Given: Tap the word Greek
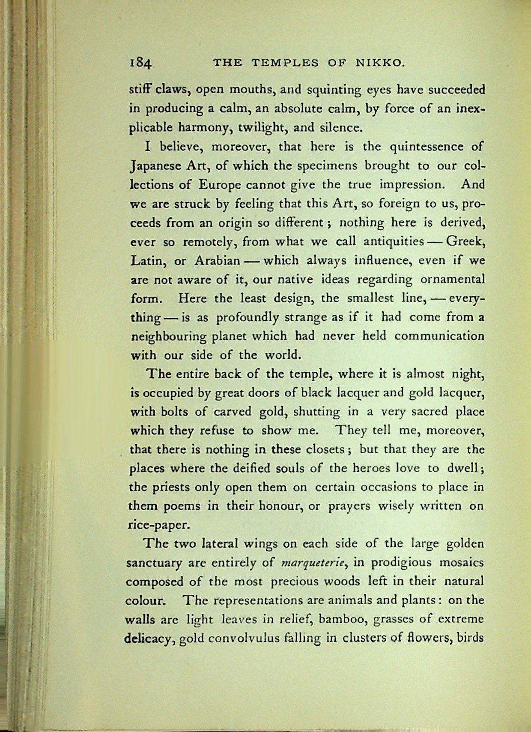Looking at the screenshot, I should pyautogui.click(x=465, y=242).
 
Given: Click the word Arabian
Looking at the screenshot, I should pyautogui.click(x=217, y=261).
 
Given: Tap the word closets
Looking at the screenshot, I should pyautogui.click(x=328, y=450).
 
